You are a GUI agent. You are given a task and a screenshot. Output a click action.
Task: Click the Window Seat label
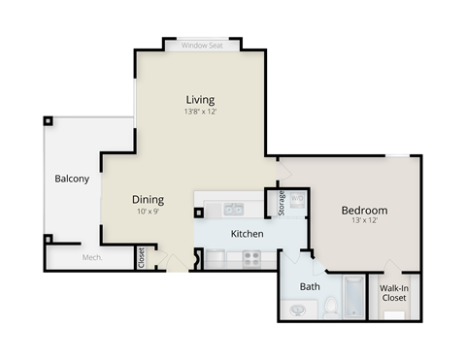203,45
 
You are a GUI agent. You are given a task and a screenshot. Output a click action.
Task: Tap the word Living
200,99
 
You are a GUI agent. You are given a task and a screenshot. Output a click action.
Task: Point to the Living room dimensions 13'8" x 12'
200,112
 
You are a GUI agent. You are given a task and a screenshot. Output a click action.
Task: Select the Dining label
148,200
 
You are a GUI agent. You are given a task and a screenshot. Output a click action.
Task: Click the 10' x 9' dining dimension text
148,212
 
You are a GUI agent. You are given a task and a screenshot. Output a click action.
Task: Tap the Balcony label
72,179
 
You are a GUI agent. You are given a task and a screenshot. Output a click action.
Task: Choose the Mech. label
92,257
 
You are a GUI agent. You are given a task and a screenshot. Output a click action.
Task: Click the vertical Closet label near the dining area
142,257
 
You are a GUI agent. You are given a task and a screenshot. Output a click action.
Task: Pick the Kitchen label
247,234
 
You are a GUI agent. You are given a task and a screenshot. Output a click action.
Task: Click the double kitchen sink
234,208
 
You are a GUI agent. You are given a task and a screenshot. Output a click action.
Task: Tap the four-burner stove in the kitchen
251,258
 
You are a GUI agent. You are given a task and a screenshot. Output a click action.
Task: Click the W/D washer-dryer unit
298,201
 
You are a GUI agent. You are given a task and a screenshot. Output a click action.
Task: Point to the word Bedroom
364,210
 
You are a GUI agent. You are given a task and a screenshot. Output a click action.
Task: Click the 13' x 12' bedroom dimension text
364,221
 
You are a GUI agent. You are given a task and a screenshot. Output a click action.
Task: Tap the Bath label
310,286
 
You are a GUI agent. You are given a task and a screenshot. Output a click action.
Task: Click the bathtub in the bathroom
354,298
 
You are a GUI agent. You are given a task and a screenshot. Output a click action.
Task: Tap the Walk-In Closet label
393,293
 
